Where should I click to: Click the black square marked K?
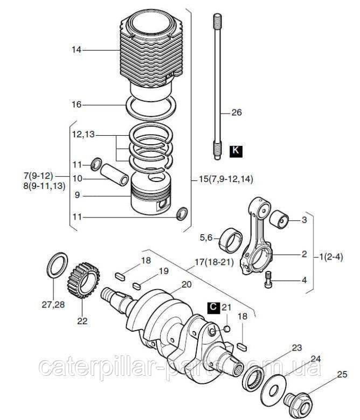click(x=236, y=151)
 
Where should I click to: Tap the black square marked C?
click(x=213, y=307)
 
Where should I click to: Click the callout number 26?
click(x=237, y=113)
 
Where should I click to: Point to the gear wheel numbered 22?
click(x=83, y=281)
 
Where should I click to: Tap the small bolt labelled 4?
click(x=268, y=279)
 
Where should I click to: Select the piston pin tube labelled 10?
click(x=114, y=174)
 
